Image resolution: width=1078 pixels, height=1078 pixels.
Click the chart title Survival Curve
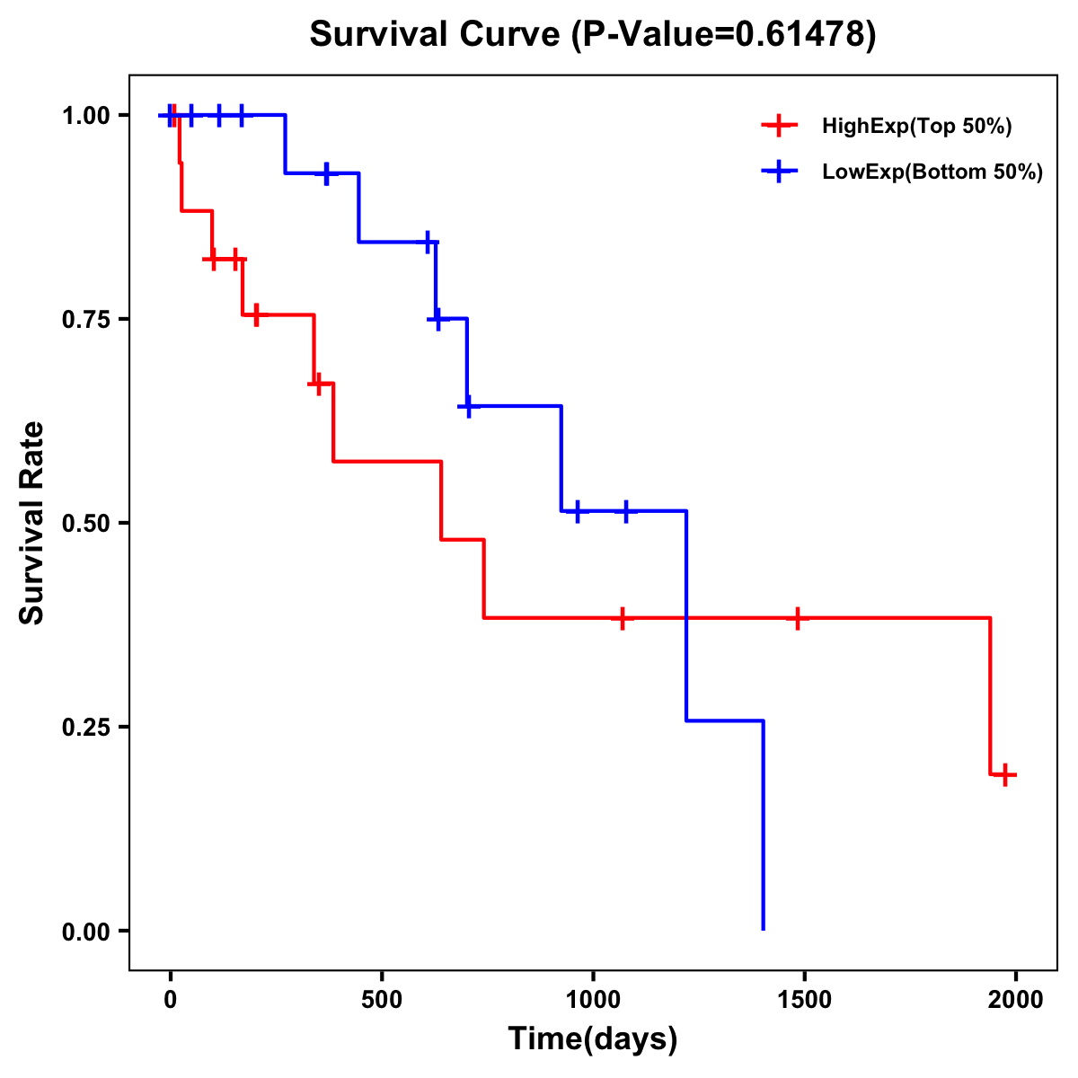(x=438, y=35)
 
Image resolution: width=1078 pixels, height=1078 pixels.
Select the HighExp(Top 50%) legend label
(x=917, y=127)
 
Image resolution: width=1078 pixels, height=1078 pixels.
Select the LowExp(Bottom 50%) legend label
(x=932, y=172)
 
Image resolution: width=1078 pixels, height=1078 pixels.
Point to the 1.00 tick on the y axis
(x=86, y=116)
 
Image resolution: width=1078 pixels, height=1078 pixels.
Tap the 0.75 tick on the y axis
(x=86, y=320)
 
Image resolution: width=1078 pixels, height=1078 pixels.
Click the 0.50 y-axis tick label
(x=86, y=524)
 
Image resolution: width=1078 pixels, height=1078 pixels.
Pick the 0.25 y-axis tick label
(x=86, y=728)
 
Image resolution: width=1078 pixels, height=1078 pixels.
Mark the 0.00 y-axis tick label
(x=86, y=932)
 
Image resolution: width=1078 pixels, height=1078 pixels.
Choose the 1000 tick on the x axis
(x=593, y=1000)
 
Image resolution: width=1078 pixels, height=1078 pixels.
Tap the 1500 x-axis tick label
(x=804, y=1000)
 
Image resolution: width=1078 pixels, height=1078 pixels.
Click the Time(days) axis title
(x=593, y=1039)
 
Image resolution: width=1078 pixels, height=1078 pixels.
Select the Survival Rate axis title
(x=32, y=523)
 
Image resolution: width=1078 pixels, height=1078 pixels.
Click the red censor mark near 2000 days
(x=1005, y=774)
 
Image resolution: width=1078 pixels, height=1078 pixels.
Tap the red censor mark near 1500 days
(x=797, y=618)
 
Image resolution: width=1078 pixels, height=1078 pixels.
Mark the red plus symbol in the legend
(x=779, y=127)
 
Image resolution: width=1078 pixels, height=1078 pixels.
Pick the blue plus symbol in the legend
(x=779, y=172)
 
